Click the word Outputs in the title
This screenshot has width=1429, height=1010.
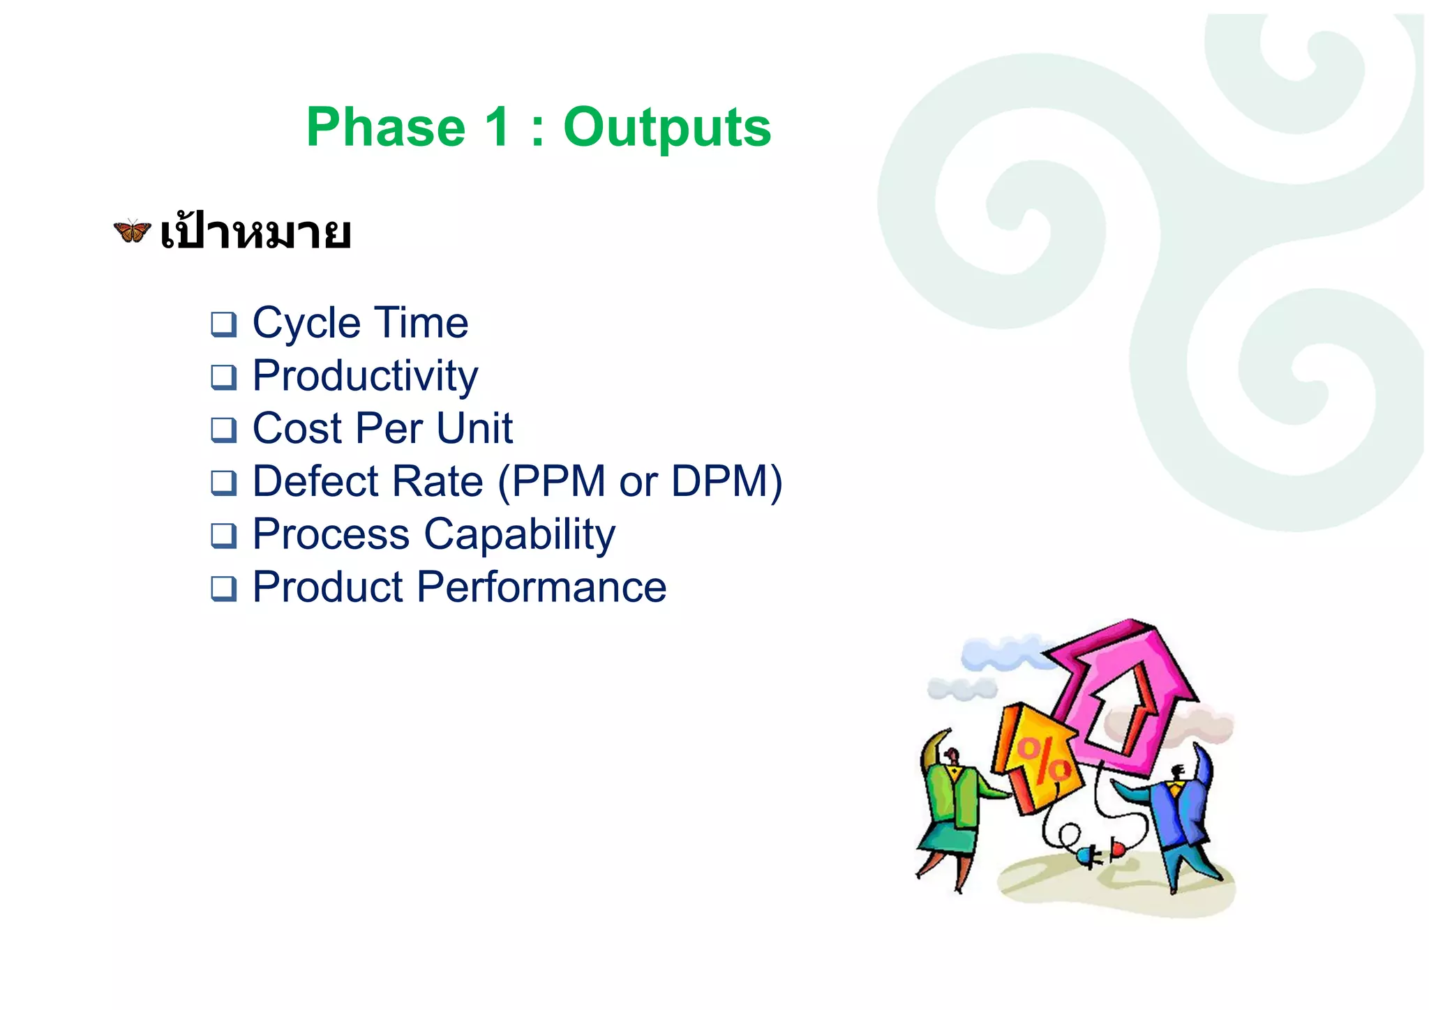coord(666,128)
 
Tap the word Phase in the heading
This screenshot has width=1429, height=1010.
coord(386,128)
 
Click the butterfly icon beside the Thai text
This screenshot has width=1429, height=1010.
coord(132,230)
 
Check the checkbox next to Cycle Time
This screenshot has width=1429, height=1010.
coord(223,324)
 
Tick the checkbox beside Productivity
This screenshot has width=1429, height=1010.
coord(223,377)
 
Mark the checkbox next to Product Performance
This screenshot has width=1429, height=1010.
coord(223,589)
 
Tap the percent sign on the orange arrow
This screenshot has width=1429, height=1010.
coord(1042,760)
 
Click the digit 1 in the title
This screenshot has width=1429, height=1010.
coord(497,128)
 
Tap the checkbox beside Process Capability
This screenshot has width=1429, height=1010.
coord(223,536)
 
